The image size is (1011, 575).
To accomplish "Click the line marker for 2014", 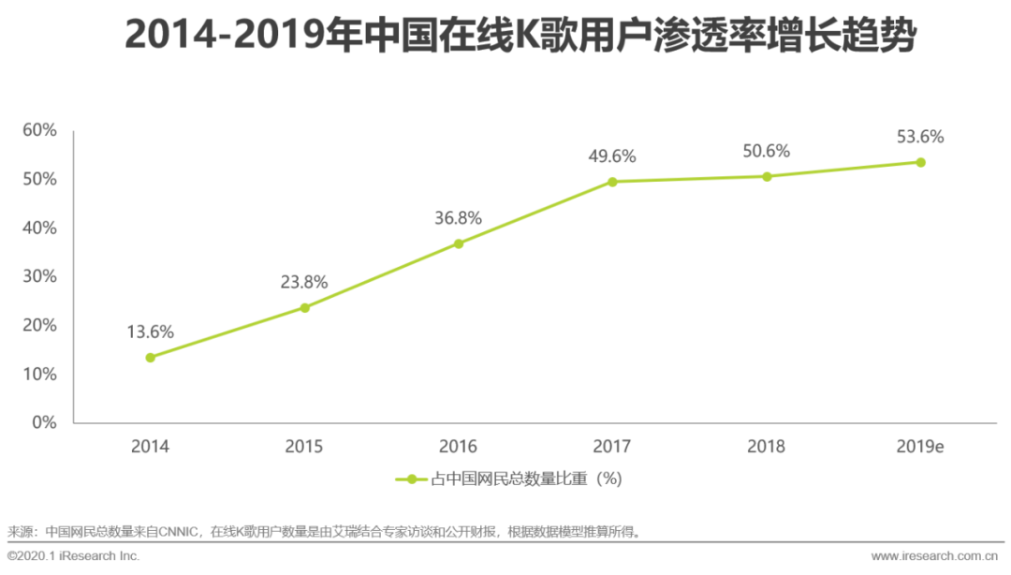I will click(150, 357).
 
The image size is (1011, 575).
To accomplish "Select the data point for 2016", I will click(459, 243).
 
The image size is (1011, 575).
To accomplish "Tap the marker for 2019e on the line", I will click(920, 162).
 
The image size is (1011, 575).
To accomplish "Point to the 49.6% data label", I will click(612, 156).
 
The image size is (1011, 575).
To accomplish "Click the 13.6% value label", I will click(151, 332).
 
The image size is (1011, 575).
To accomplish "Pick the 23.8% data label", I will click(304, 282).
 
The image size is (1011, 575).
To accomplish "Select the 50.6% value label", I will click(767, 151).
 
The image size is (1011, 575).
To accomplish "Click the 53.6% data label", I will click(920, 137).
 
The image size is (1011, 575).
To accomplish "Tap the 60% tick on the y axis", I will click(39, 130).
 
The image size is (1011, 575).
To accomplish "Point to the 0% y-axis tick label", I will click(44, 422).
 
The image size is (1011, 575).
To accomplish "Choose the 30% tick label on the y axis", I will click(39, 276).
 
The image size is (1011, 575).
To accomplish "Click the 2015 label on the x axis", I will click(304, 447).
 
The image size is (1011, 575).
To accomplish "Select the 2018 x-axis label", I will click(767, 447).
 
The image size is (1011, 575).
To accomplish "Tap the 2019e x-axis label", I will click(920, 447).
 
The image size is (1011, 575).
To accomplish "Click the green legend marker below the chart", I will click(411, 479).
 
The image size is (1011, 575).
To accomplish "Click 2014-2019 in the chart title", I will click(226, 37).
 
